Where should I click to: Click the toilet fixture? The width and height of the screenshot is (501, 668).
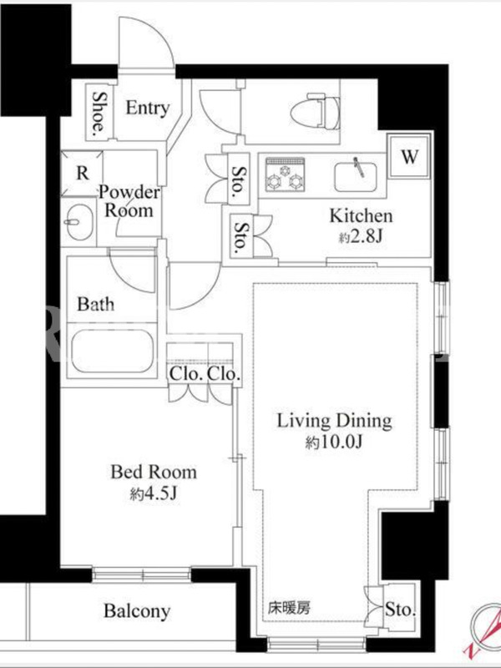(x=316, y=113)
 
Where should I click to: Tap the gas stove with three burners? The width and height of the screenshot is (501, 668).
(x=285, y=175)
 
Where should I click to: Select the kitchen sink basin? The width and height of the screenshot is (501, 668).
(x=356, y=176)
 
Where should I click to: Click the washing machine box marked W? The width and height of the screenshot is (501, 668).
(x=409, y=157)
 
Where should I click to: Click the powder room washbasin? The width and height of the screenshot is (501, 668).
(x=78, y=222)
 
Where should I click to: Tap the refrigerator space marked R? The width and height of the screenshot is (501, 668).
(x=82, y=174)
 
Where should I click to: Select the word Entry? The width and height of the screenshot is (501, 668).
(x=148, y=109)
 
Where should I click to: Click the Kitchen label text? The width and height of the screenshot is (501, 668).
(x=361, y=216)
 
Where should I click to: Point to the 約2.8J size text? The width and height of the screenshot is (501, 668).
(x=361, y=237)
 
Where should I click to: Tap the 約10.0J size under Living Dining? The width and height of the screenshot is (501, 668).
(x=334, y=443)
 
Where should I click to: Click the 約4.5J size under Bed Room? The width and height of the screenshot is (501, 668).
(x=154, y=493)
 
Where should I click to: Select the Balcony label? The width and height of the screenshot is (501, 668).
(x=137, y=611)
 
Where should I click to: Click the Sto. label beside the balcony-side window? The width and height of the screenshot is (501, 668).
(x=400, y=610)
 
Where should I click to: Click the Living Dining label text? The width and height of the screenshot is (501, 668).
(x=335, y=421)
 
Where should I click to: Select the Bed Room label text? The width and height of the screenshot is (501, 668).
(x=154, y=472)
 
